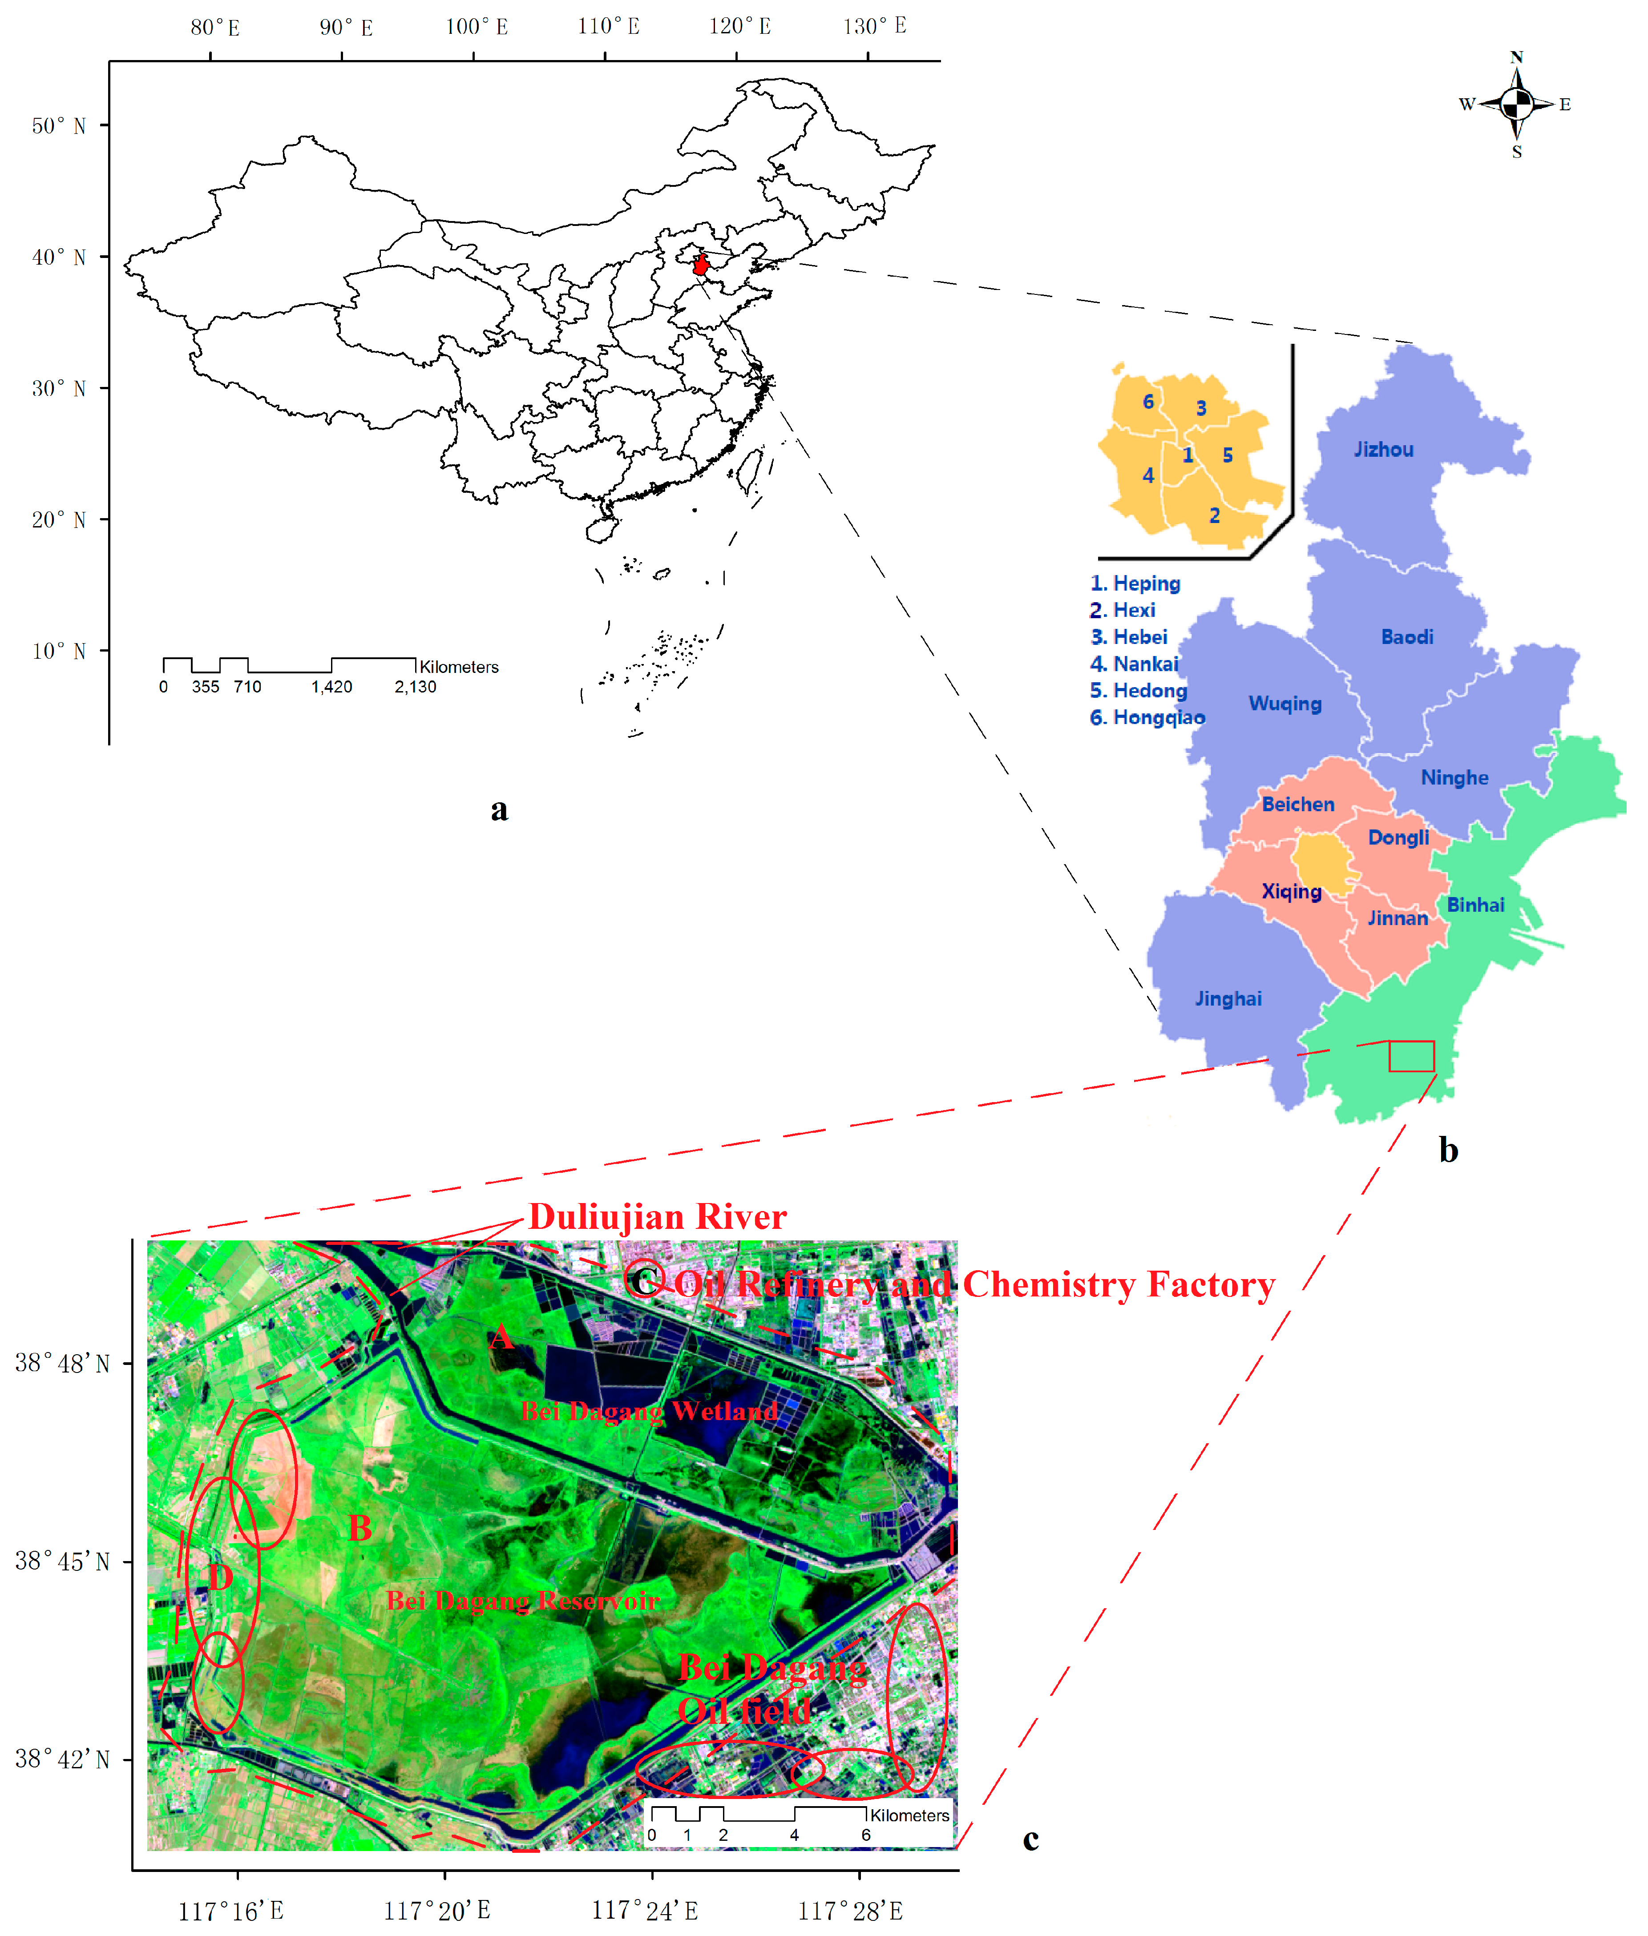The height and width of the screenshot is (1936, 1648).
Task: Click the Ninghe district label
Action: pos(1454,777)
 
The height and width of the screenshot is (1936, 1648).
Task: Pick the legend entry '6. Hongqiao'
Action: pos(1147,717)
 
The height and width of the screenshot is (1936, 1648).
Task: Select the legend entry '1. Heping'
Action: pos(1135,584)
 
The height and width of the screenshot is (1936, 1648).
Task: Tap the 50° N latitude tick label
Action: pos(58,125)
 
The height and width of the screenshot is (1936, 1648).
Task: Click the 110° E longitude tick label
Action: pos(608,26)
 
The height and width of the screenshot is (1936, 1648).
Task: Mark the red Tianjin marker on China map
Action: pos(701,265)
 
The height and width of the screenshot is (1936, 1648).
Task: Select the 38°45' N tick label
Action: pos(62,1561)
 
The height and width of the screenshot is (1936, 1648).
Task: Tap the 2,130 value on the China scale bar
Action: pos(415,686)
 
